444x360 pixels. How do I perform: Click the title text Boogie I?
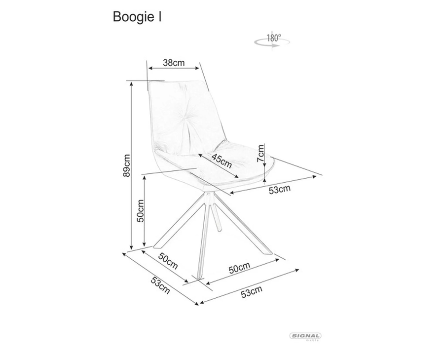137,17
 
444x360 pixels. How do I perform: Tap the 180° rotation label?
274,38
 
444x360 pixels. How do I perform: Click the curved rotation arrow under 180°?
272,43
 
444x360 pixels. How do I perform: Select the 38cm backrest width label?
174,63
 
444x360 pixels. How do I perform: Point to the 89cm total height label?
126,165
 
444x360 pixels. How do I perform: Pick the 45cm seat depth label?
222,160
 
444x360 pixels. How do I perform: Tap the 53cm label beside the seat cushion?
280,189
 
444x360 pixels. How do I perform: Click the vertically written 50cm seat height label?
140,211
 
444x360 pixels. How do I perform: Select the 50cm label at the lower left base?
168,261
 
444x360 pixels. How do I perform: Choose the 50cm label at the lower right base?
240,268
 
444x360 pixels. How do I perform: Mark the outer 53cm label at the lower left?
160,285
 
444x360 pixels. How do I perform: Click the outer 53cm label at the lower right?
252,292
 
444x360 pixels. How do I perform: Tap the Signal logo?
305,336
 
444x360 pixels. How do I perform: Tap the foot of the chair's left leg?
156,246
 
